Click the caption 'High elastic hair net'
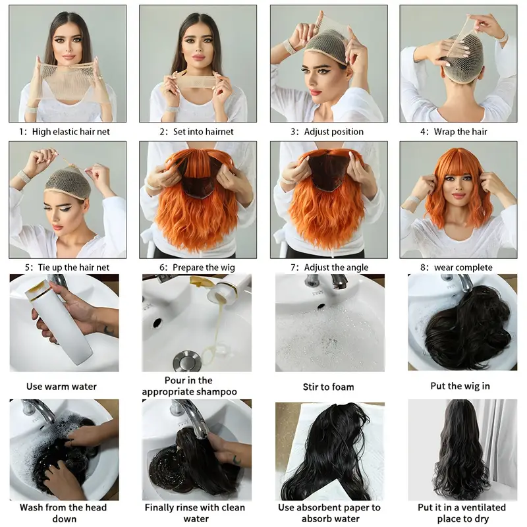(x=70, y=132)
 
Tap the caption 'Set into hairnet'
(x=203, y=132)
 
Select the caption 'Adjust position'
(x=333, y=132)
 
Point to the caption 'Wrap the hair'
(x=463, y=132)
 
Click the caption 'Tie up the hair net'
(x=70, y=267)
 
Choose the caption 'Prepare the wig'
(x=203, y=267)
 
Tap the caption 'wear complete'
(x=463, y=267)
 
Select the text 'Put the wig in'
(x=460, y=386)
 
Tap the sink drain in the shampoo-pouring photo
(x=182, y=361)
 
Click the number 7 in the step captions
(x=291, y=267)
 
